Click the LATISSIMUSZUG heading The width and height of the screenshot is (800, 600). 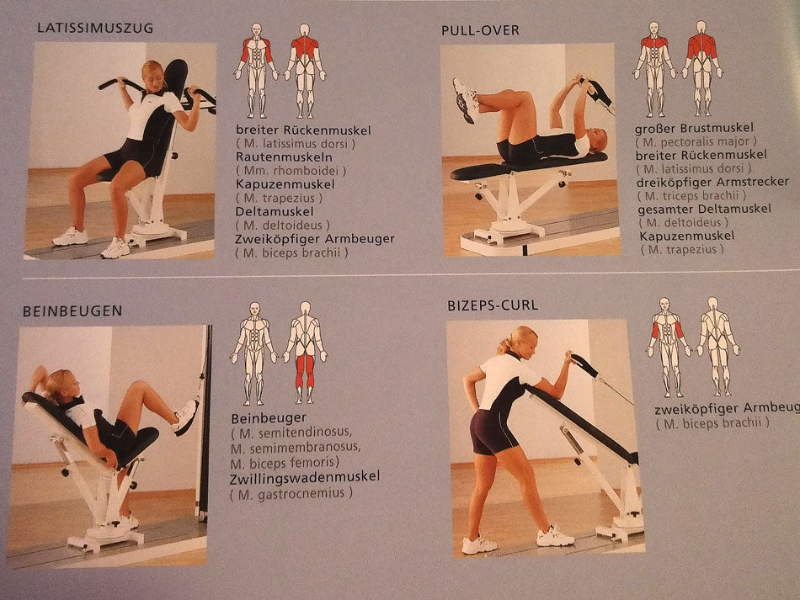[x=95, y=28]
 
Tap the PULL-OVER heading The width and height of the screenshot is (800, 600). [x=480, y=30]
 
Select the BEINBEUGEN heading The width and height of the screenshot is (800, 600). [x=72, y=311]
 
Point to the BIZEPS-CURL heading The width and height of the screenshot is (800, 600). [x=493, y=305]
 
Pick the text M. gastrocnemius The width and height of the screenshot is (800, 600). [x=291, y=493]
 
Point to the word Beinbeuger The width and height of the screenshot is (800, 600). [x=269, y=418]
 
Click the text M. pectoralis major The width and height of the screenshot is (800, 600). [x=696, y=141]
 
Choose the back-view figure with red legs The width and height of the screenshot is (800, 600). [x=305, y=353]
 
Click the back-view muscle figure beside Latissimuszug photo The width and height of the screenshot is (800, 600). [x=305, y=71]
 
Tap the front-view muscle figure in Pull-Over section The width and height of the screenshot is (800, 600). [x=653, y=69]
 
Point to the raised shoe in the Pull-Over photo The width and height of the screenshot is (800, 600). [x=466, y=100]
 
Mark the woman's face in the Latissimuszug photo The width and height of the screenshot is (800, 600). [x=155, y=78]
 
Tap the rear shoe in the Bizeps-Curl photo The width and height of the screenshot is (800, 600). [x=479, y=545]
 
